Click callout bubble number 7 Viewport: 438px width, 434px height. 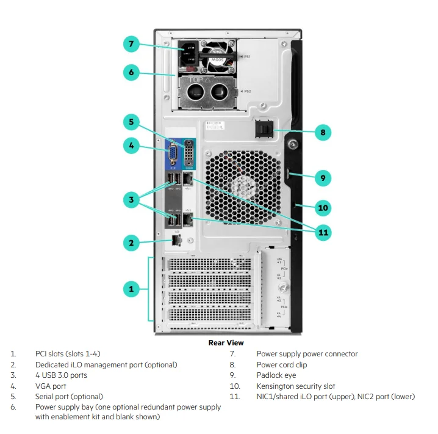131,44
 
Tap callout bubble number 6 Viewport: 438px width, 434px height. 131,72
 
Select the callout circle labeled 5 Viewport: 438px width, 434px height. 131,122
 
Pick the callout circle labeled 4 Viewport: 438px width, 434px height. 131,145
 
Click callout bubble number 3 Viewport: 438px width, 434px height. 131,199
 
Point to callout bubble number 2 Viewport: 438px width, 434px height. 131,243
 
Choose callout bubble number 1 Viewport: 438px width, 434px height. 131,289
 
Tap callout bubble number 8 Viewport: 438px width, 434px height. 323,131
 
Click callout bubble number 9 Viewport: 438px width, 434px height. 323,178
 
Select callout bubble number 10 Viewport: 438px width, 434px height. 323,208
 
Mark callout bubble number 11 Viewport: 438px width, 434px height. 323,232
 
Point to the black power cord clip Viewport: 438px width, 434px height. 264,131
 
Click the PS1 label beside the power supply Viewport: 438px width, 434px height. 248,56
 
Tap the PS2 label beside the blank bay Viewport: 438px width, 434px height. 248,90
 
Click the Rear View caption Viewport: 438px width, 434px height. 226,343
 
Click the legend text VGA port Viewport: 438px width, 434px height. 51,386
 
